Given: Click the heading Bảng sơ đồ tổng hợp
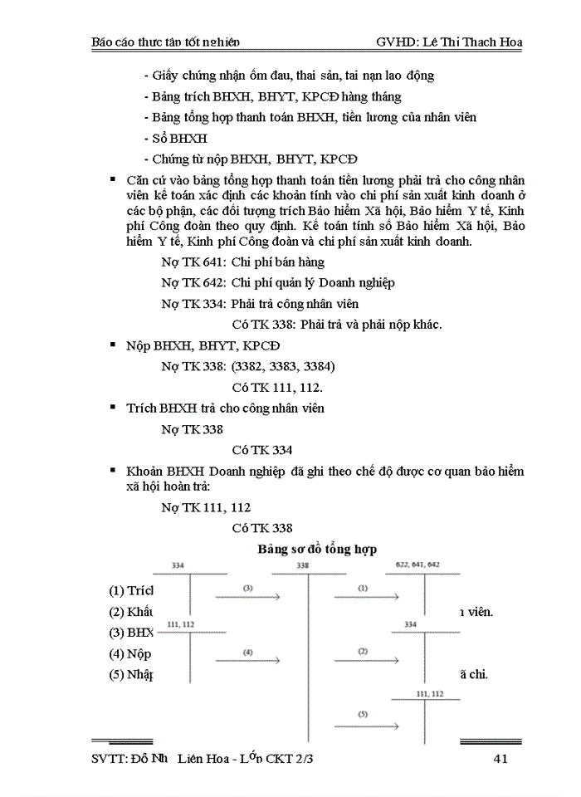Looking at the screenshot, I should pos(317,549).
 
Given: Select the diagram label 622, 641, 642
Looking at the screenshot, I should pos(417,565).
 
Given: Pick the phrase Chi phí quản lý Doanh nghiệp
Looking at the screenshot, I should pos(313,282).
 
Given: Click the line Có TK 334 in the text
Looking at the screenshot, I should pos(262,450).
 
